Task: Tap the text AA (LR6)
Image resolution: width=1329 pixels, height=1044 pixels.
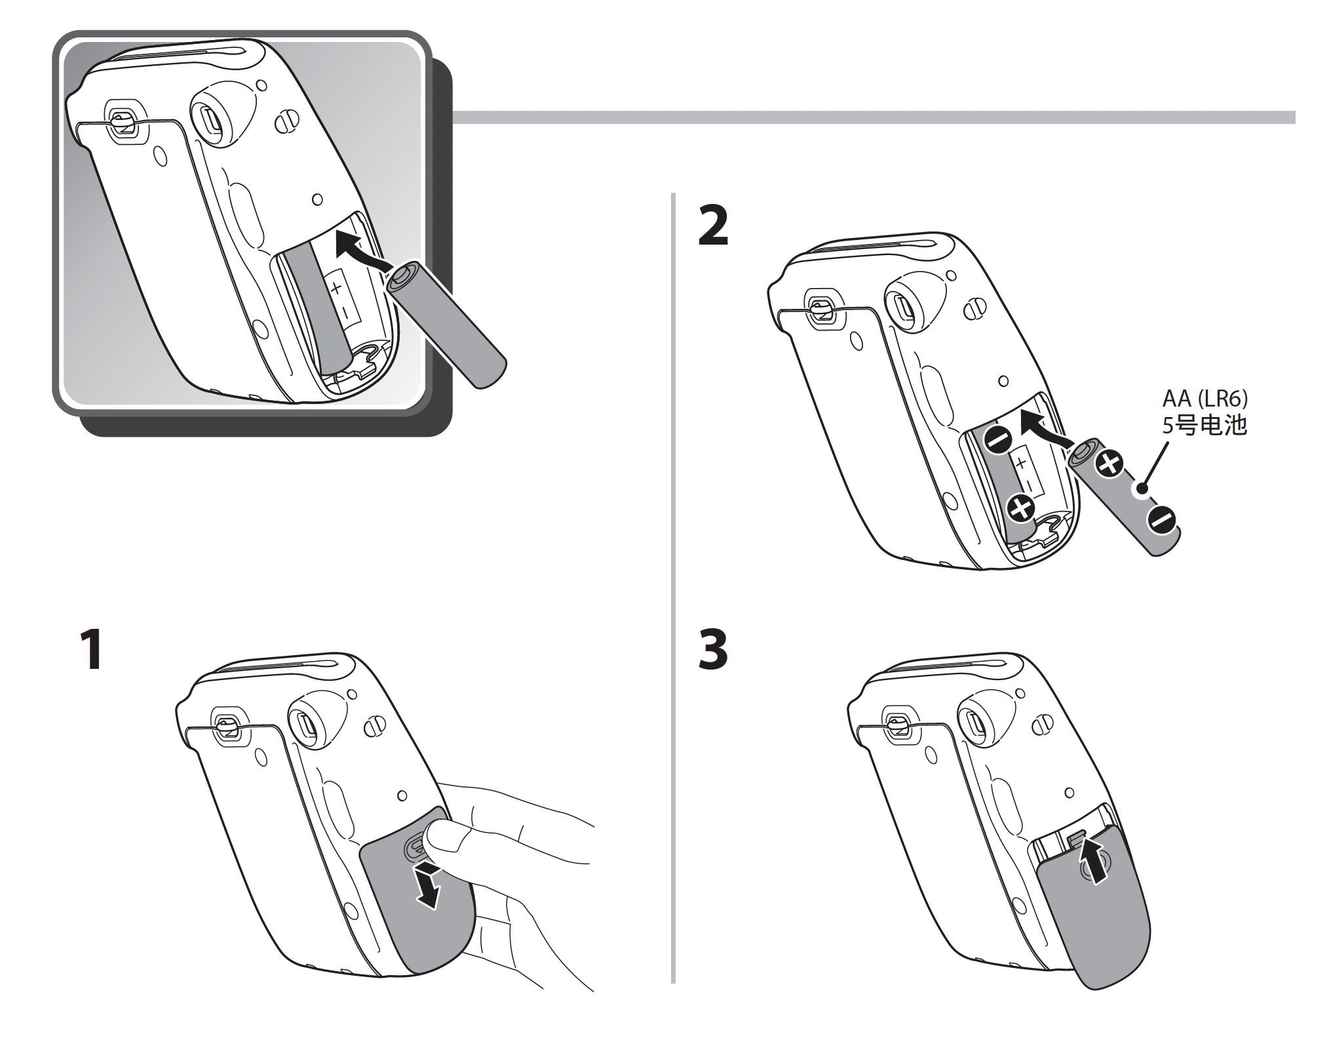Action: pos(1204,398)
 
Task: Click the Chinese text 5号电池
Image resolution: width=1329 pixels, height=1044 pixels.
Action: pos(1204,426)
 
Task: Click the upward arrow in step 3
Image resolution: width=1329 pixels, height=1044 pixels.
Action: pos(1095,860)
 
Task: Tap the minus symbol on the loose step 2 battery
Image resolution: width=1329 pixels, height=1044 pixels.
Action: pos(1162,521)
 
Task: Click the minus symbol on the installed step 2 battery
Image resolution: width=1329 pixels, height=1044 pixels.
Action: pos(999,439)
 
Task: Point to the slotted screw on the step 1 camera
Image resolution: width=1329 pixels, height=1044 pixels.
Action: pos(375,727)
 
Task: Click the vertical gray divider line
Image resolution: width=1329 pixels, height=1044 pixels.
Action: pos(673,590)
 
